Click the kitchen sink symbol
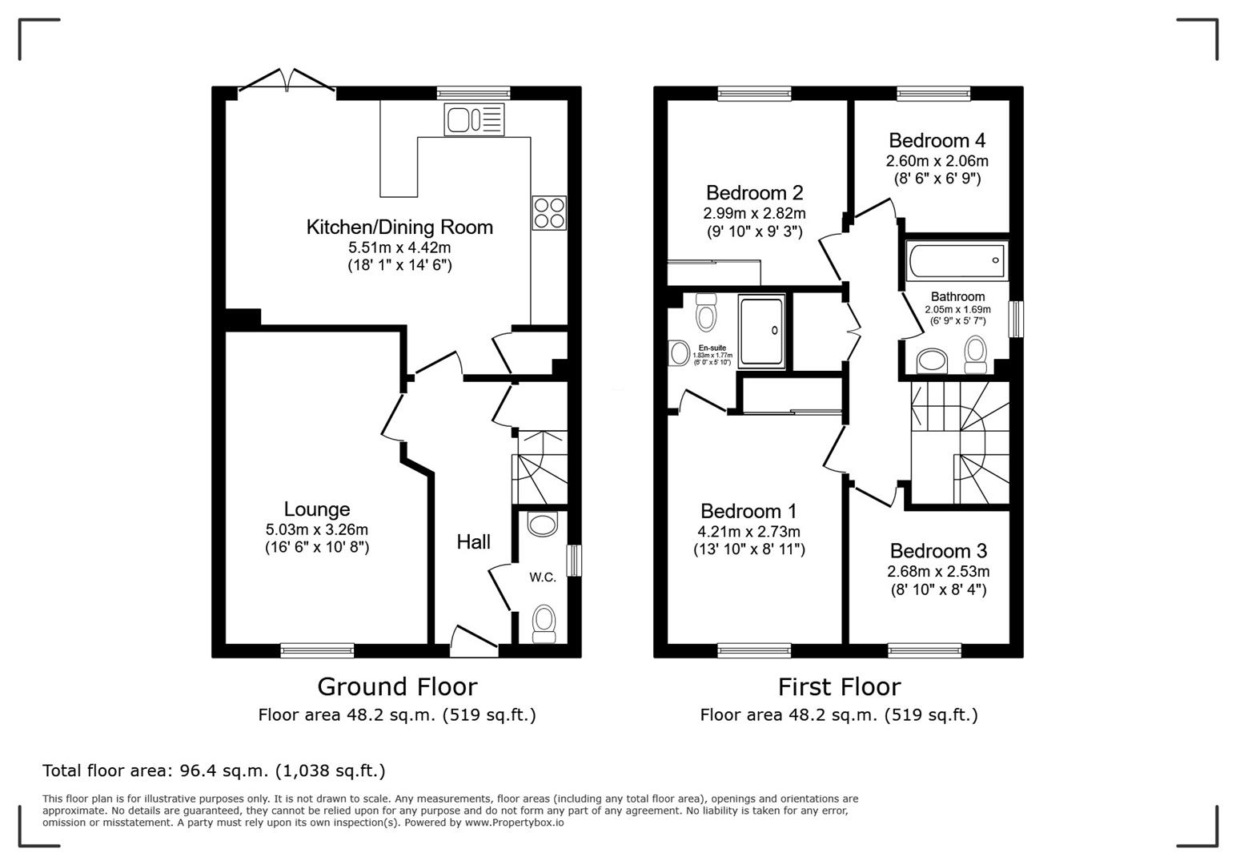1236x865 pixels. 474,119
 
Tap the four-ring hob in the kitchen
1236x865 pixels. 549,213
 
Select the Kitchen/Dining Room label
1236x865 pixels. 399,227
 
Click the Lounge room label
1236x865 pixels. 317,509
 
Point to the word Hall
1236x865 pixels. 473,542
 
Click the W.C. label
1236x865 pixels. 542,577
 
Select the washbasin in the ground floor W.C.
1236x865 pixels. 543,525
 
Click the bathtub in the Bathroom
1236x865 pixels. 957,260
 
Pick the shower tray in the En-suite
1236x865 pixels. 761,331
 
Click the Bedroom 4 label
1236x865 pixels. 937,141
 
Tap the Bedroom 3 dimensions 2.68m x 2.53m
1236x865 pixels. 938,572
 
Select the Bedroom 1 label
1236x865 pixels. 748,511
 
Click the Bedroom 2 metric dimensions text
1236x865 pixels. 754,214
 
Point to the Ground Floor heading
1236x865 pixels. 397,687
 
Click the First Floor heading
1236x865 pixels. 839,687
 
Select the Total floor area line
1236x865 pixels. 214,770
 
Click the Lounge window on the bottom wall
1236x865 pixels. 317,650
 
